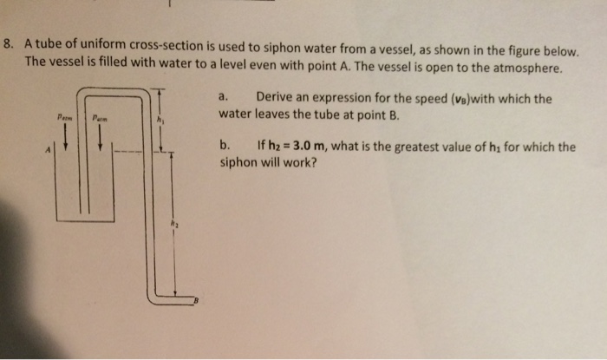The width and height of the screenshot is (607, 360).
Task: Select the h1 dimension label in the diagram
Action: (160, 120)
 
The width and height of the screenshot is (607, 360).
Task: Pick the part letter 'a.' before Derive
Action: (224, 98)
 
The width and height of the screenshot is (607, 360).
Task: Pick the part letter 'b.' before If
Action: (225, 147)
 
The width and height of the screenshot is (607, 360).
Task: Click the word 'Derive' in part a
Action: (276, 98)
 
